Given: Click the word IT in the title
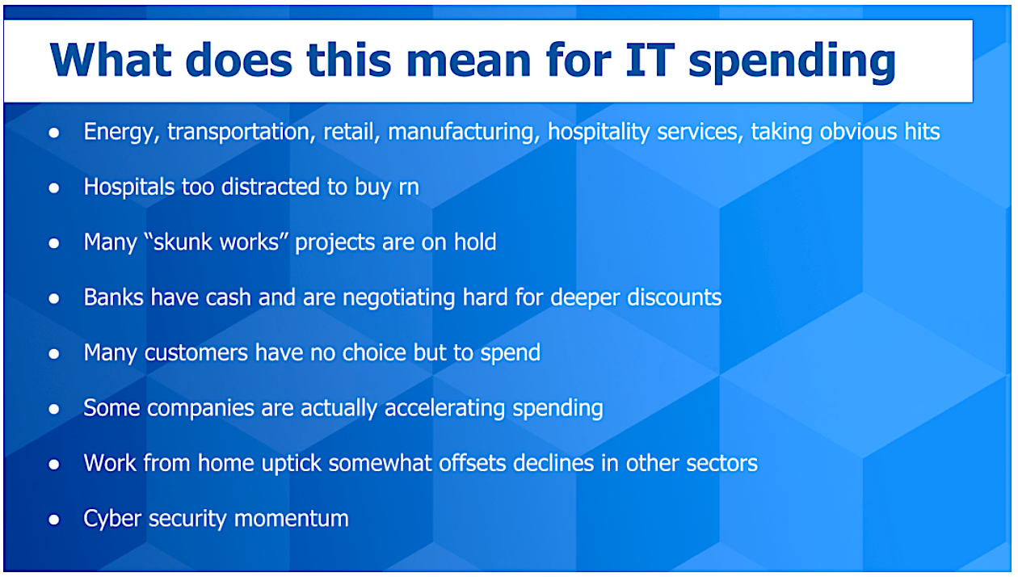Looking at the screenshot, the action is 650,60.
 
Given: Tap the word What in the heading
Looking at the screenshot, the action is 111,60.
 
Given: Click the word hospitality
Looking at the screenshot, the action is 599,133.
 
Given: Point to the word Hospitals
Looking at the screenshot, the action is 129,187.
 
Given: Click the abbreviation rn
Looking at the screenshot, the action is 409,188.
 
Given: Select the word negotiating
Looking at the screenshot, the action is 398,298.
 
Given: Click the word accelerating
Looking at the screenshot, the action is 444,408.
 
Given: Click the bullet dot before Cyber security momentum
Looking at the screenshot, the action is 54,520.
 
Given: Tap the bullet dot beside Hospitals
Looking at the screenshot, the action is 54,187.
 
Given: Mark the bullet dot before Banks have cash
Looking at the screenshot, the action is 54,298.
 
